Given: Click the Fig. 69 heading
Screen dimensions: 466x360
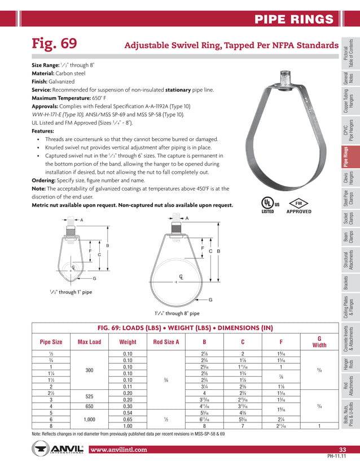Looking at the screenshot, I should tap(54, 45).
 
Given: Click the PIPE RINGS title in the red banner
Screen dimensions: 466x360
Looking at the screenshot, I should tap(294, 20).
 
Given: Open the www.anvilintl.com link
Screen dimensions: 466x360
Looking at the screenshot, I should tap(118, 450).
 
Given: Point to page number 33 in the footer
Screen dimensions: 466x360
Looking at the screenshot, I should tap(341, 449).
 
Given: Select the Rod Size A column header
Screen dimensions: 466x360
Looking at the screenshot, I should tap(166, 342).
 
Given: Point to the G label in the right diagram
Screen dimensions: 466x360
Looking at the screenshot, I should tap(210, 300).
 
